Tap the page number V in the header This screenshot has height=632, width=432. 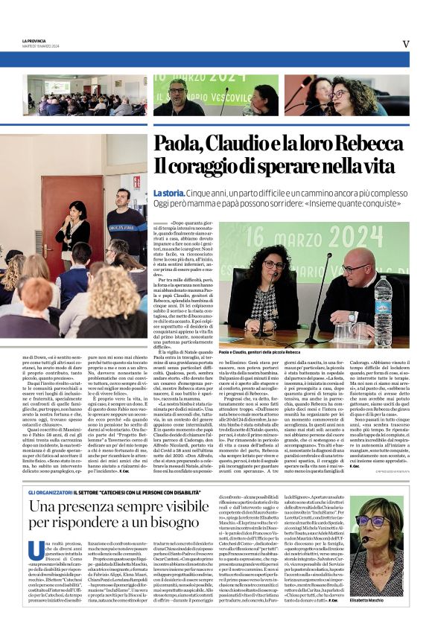tap(405, 44)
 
